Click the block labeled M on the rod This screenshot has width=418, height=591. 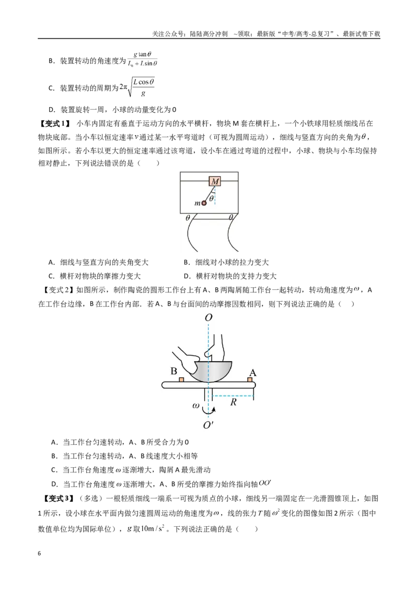click(215, 182)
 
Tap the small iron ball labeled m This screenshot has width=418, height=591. click(204, 203)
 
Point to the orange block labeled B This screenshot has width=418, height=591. click(181, 379)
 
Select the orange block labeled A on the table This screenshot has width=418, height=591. click(250, 379)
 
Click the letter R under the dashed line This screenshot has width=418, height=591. click(233, 402)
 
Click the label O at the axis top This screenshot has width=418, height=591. click(208, 318)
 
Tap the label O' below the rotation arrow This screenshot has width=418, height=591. click(208, 425)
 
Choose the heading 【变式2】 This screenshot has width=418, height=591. click(57, 290)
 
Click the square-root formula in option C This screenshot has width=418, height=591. click(137, 87)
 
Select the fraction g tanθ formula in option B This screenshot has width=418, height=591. click(142, 59)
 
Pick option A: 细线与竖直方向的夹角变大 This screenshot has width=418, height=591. click(99, 262)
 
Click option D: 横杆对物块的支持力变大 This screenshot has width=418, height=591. click(230, 276)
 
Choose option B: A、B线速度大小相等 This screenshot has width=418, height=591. click(124, 456)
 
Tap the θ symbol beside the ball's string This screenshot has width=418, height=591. click(212, 197)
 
